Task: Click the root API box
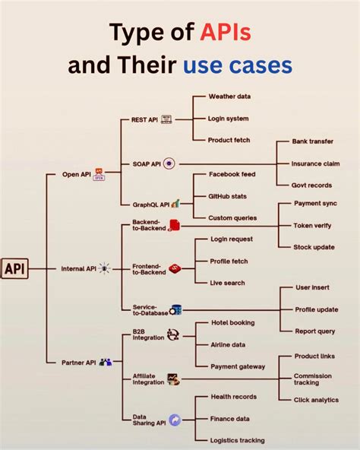(x=15, y=268)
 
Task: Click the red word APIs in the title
(x=226, y=33)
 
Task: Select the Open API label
(x=76, y=174)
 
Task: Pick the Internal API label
(x=78, y=268)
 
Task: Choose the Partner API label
(x=78, y=363)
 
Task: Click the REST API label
(x=144, y=119)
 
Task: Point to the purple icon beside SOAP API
(x=169, y=163)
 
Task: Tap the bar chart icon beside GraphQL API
(x=175, y=204)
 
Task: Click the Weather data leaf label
(x=229, y=97)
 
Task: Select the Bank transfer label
(x=313, y=141)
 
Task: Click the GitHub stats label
(x=229, y=196)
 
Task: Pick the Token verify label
(x=313, y=225)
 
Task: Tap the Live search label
(x=228, y=283)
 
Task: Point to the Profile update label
(x=317, y=309)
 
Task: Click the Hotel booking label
(x=232, y=322)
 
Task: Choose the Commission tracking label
(x=313, y=379)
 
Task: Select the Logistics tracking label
(x=238, y=439)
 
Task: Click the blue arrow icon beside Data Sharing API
(x=175, y=420)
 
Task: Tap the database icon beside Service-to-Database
(x=175, y=309)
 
